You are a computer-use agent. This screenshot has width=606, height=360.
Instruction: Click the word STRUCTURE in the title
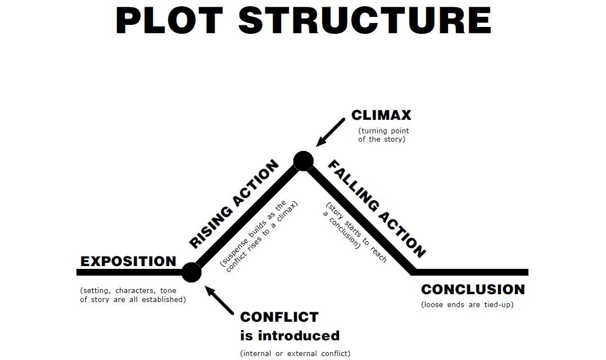[365, 21]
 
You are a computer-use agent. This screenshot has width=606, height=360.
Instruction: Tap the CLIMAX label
[381, 115]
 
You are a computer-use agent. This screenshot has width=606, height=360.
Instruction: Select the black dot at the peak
[303, 161]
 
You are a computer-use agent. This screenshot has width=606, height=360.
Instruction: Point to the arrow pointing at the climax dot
[330, 133]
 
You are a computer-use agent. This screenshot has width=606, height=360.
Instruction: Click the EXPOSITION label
[128, 262]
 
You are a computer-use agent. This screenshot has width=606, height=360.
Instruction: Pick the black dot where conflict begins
[192, 272]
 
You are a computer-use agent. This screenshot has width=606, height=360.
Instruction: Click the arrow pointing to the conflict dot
[220, 300]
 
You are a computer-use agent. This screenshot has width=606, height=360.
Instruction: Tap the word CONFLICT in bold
[279, 317]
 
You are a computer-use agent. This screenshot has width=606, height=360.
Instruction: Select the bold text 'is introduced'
[290, 336]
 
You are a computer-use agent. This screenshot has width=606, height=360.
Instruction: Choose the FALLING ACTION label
[377, 208]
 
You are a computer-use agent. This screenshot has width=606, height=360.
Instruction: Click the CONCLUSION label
[473, 290]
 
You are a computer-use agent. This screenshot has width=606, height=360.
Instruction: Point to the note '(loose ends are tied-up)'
[467, 305]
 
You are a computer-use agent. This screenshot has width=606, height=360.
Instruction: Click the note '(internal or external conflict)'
[295, 354]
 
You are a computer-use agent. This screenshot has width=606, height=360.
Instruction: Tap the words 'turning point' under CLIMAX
[383, 130]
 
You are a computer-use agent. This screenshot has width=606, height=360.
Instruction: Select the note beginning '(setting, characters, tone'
[128, 291]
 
